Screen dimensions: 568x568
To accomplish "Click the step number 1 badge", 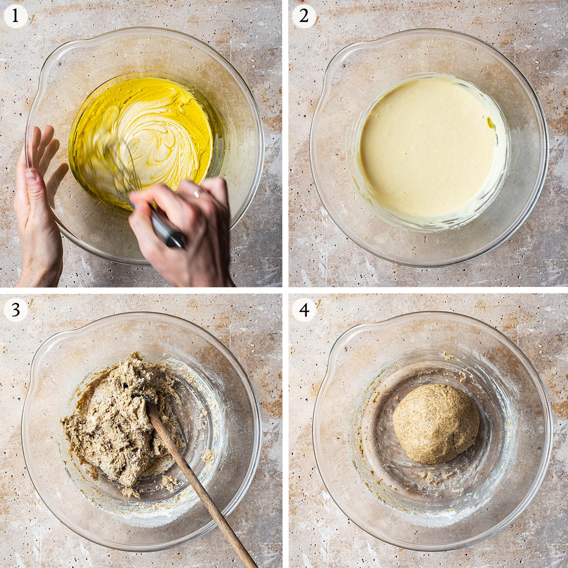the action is point(15,16).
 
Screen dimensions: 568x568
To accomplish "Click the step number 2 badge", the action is point(303,16).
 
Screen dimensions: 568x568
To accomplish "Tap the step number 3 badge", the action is point(15,310).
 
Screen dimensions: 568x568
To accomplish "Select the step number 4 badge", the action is point(303,310).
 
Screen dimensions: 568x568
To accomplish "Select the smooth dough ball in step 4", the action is point(435,424).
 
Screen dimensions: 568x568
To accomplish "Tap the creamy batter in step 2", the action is point(427,147).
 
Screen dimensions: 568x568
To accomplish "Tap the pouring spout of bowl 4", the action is point(336,348).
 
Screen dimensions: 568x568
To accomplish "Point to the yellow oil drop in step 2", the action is point(491,123).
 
